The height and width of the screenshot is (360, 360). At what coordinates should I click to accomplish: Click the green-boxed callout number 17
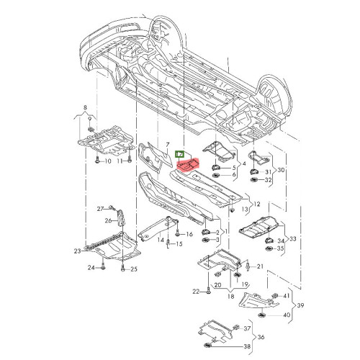tap(179, 154)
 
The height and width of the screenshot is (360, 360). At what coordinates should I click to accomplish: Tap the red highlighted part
tap(189, 166)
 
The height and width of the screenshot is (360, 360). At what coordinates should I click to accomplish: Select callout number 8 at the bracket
tap(85, 108)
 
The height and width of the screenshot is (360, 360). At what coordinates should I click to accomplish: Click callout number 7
tap(168, 145)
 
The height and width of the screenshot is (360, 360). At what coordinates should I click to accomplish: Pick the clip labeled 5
tap(215, 167)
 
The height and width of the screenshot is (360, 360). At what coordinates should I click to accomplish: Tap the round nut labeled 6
tap(215, 176)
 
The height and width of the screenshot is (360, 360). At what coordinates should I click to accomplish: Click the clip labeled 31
tap(253, 171)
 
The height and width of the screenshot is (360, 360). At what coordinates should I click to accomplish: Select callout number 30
tap(281, 170)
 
